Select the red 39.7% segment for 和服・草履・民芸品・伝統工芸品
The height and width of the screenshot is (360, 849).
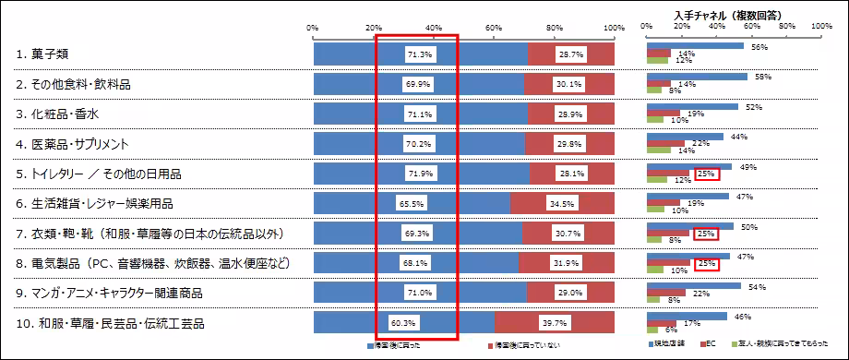(x=555, y=324)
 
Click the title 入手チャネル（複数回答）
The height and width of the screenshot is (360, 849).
(x=735, y=14)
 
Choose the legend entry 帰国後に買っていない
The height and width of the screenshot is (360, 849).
(x=527, y=345)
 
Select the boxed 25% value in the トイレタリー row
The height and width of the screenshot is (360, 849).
(x=707, y=174)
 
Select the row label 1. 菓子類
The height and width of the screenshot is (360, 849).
(x=42, y=54)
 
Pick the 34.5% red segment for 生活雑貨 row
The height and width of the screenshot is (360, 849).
(x=562, y=204)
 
